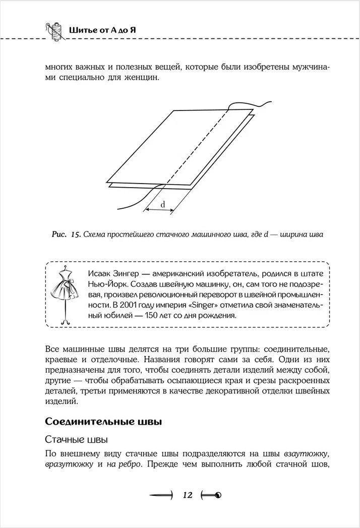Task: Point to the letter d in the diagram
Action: [x=163, y=204]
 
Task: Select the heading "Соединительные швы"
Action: [x=103, y=421]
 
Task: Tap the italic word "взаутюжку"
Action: [x=307, y=452]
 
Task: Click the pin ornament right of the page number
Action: [x=212, y=495]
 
